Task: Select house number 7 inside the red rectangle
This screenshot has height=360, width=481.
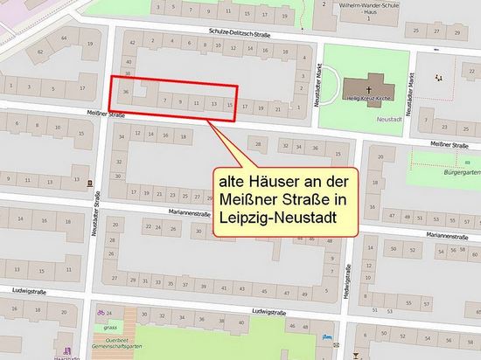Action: [164, 102]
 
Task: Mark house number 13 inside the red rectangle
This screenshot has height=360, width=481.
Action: [213, 103]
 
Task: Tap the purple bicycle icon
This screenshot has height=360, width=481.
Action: [101, 311]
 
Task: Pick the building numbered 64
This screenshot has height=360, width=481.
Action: [38, 51]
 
